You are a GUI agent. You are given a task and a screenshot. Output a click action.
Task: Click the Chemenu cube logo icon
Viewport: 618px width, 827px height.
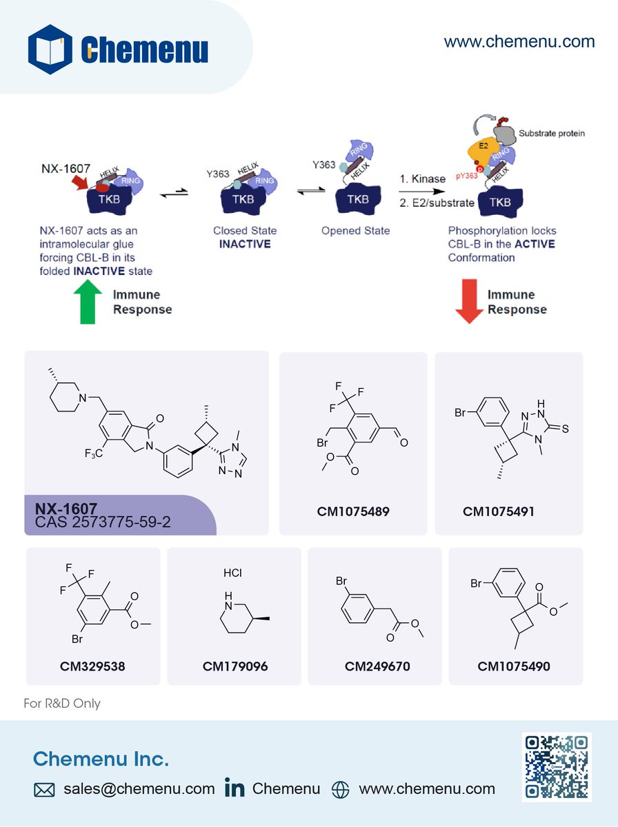(50, 49)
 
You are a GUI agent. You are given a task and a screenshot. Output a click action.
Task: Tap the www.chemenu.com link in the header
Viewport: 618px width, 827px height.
(519, 41)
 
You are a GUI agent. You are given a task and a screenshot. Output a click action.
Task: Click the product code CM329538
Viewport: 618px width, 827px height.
(93, 666)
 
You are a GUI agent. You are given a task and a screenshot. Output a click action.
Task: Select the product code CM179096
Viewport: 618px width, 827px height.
(235, 666)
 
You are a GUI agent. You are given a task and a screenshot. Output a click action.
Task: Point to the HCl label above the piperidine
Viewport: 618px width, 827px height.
(232, 573)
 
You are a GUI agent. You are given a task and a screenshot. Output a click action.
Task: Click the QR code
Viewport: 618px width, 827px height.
(556, 767)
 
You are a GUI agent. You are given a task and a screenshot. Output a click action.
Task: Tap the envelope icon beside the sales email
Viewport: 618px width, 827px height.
(44, 790)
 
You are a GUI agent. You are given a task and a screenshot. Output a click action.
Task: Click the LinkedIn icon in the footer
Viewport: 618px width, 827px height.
(235, 788)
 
